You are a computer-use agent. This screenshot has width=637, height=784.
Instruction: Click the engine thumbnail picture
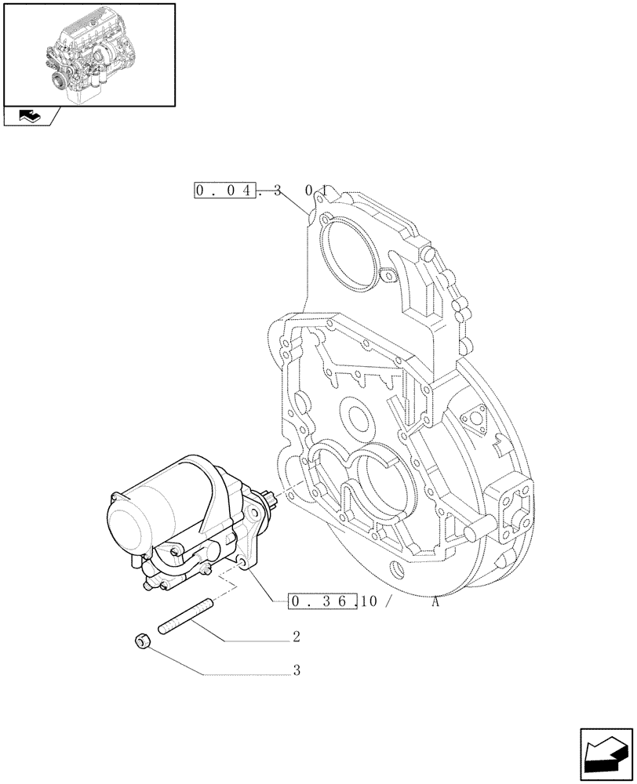[89, 55]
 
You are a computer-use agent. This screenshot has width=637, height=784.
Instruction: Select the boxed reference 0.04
[225, 191]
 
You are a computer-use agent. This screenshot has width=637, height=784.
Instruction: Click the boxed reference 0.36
[322, 601]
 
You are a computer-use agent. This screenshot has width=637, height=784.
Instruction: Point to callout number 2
[297, 637]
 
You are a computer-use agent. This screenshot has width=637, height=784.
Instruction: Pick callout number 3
[297, 671]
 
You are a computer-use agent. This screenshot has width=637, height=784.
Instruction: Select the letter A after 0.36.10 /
[436, 601]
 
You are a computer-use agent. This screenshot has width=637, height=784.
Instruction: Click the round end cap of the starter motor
[126, 524]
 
